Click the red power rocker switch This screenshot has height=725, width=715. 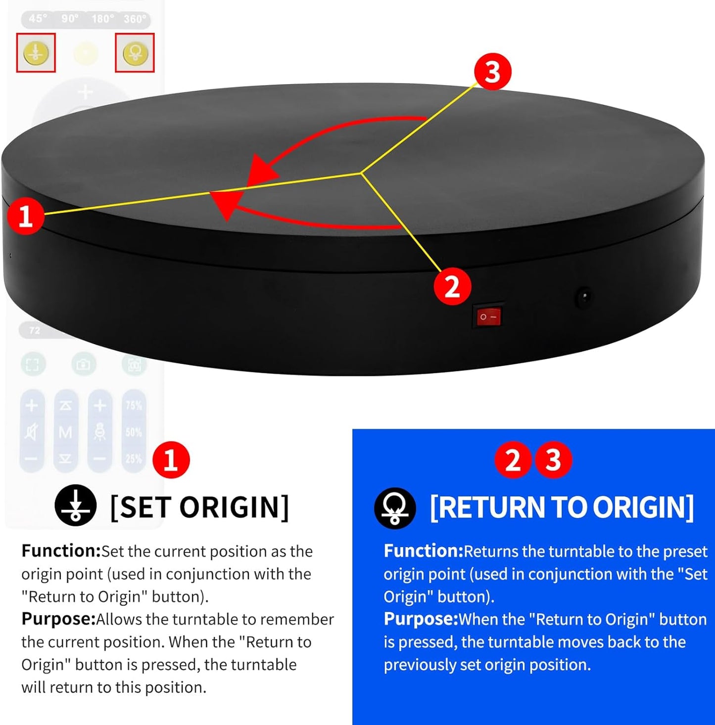[x=489, y=317]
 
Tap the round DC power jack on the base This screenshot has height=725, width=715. [x=584, y=297]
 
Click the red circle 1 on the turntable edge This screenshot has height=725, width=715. [x=25, y=216]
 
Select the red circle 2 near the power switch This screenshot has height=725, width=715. [x=452, y=287]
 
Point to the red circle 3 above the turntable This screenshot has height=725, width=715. [x=492, y=72]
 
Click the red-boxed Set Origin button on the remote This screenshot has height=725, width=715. [x=36, y=52]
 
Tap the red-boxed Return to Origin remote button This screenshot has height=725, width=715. [x=135, y=52]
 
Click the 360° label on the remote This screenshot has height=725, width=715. [x=135, y=19]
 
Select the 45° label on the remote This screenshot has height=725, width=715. [x=38, y=19]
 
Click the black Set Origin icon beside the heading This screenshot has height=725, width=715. [x=75, y=505]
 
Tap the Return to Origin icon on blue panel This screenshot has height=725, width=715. [x=394, y=508]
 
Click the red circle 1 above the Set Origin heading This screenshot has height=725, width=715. [x=171, y=459]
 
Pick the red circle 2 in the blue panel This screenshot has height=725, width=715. [x=513, y=459]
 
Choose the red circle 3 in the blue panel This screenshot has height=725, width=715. [x=553, y=459]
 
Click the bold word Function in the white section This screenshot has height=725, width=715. [x=61, y=551]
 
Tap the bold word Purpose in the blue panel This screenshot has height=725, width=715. [x=421, y=619]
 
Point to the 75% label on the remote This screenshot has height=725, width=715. [x=134, y=406]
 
